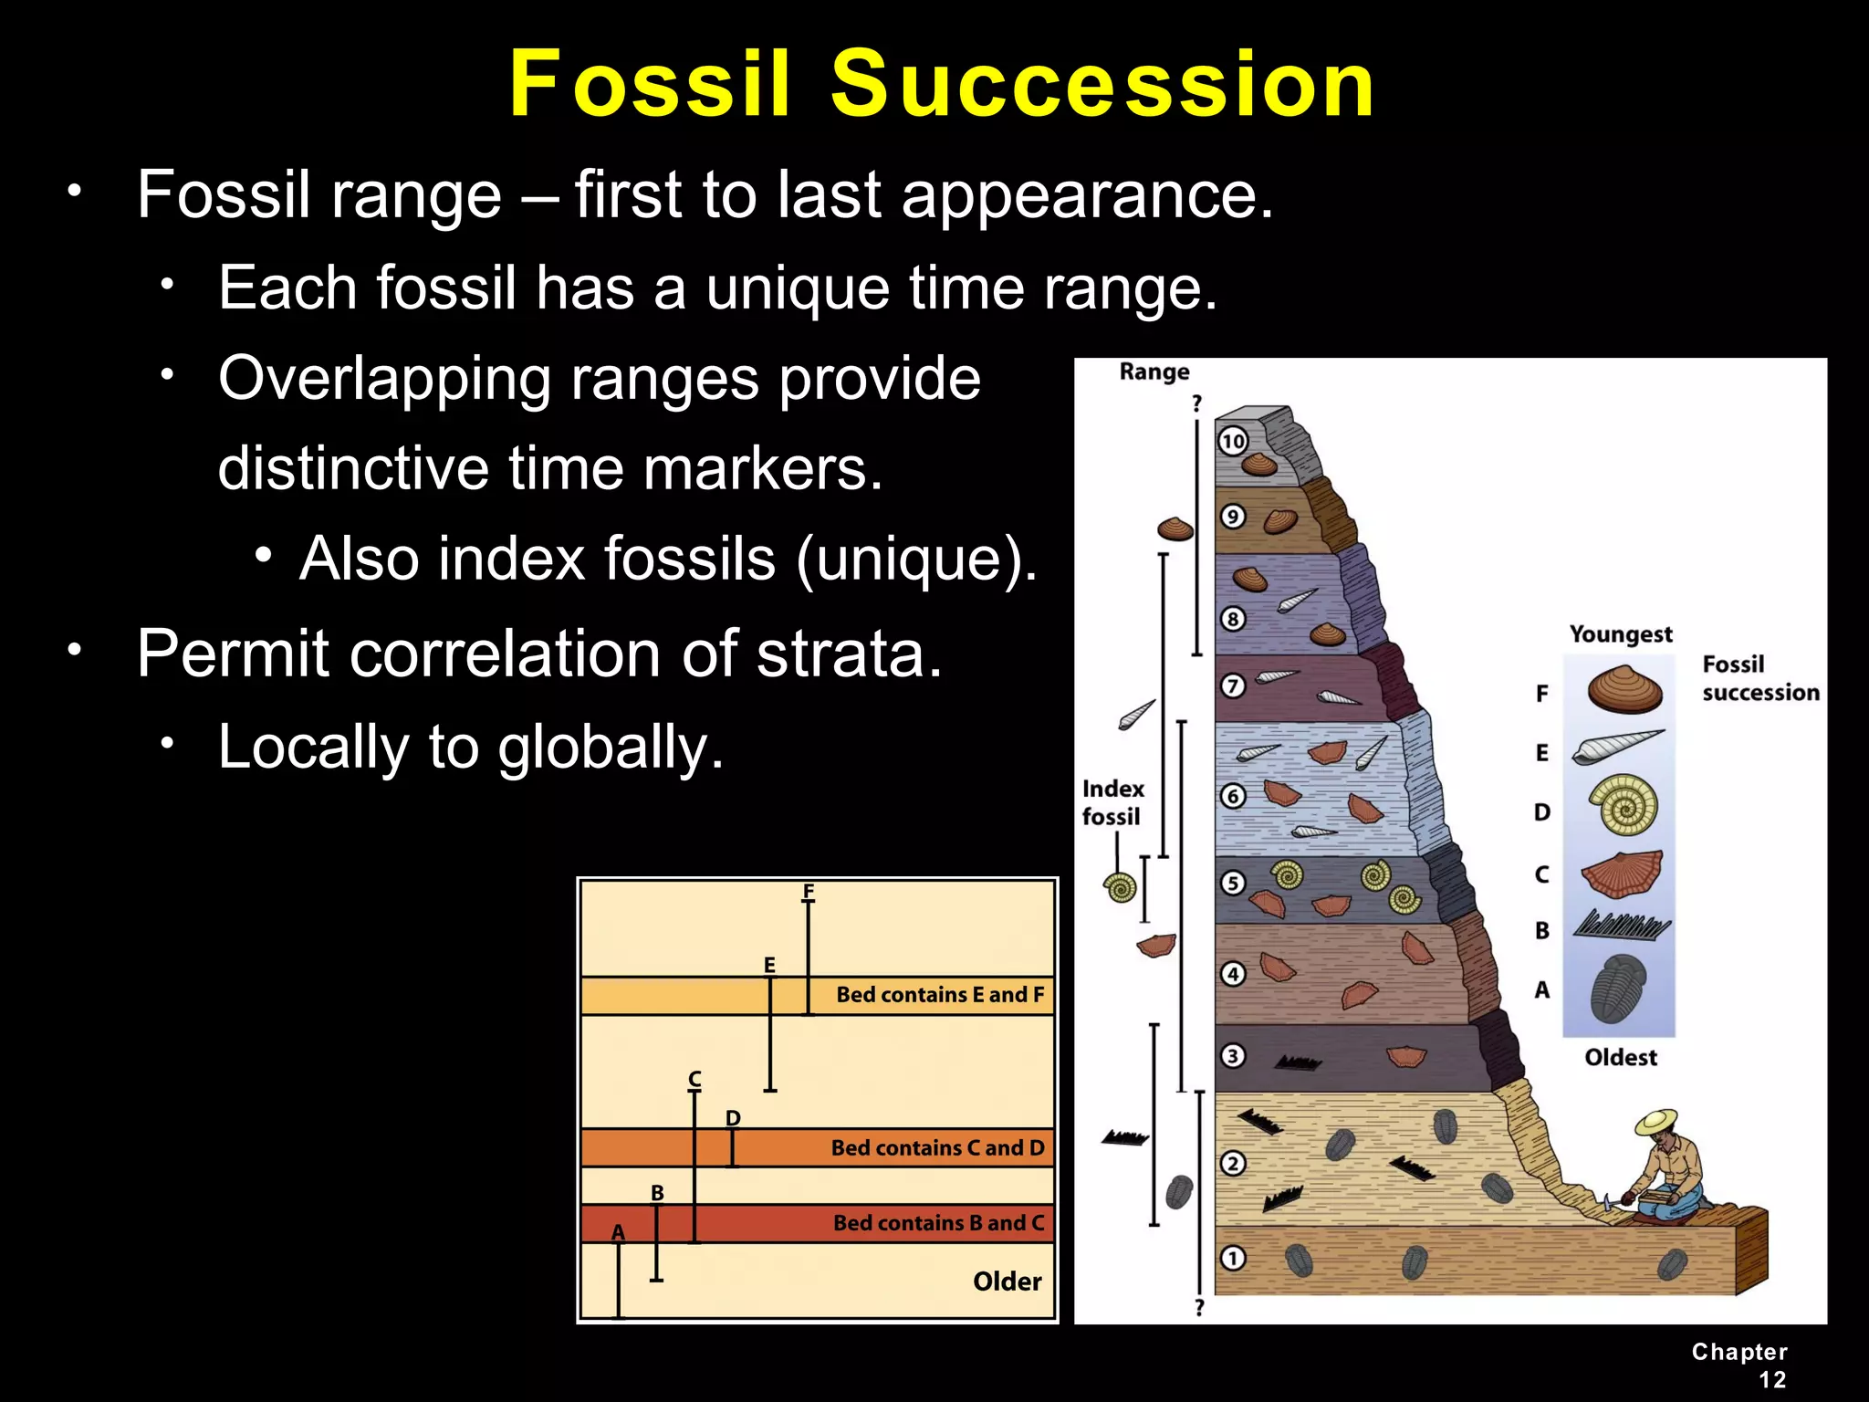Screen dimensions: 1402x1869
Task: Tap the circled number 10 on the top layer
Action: pos(1233,442)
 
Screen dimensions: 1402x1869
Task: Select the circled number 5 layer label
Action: pos(1233,883)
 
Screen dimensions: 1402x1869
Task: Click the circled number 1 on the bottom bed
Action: pos(1233,1259)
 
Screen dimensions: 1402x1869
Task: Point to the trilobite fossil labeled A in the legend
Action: pos(1617,989)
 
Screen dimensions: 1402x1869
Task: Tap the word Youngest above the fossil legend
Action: pos(1621,634)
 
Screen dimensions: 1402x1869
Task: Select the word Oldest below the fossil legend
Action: pos(1620,1057)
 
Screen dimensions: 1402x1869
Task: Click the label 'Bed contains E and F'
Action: pos(939,995)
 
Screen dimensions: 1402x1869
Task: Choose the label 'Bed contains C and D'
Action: pos(937,1148)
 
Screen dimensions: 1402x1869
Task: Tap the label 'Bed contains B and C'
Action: pos(938,1223)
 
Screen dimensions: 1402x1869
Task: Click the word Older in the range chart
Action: pos(1007,1282)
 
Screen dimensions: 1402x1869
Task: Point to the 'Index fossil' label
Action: pos(1112,802)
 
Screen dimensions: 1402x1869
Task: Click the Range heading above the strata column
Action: pos(1154,371)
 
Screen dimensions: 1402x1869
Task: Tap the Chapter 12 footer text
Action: pos(1740,1365)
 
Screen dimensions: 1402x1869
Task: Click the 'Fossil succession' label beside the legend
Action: pos(1760,678)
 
